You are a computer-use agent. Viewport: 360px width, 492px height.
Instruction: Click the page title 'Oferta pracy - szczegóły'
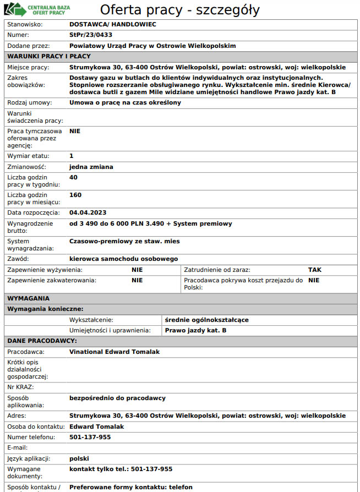click(x=179, y=10)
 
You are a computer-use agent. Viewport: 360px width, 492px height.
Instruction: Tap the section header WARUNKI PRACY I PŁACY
click(x=49, y=56)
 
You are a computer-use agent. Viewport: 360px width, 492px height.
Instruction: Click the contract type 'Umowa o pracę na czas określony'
click(x=125, y=103)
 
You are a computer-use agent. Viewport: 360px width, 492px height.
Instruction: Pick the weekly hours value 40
click(x=73, y=177)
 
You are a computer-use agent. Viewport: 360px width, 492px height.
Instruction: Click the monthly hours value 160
click(x=75, y=195)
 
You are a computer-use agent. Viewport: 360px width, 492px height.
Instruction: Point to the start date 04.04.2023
click(x=88, y=212)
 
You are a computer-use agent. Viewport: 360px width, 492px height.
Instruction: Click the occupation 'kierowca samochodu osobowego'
click(x=123, y=259)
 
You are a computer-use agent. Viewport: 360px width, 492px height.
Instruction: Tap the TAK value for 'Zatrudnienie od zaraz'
click(x=315, y=270)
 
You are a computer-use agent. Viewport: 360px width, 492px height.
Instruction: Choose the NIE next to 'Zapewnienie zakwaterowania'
click(x=137, y=280)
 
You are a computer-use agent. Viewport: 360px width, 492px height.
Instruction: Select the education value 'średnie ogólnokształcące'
click(x=207, y=320)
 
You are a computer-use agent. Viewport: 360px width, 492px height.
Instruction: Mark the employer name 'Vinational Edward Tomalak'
click(x=114, y=352)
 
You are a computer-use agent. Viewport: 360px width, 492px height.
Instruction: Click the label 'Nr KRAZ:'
click(x=20, y=387)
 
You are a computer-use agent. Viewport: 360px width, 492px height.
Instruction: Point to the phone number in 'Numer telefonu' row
click(x=90, y=437)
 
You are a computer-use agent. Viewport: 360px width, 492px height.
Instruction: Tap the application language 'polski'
click(x=79, y=458)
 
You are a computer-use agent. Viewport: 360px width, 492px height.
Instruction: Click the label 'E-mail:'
click(x=18, y=447)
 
